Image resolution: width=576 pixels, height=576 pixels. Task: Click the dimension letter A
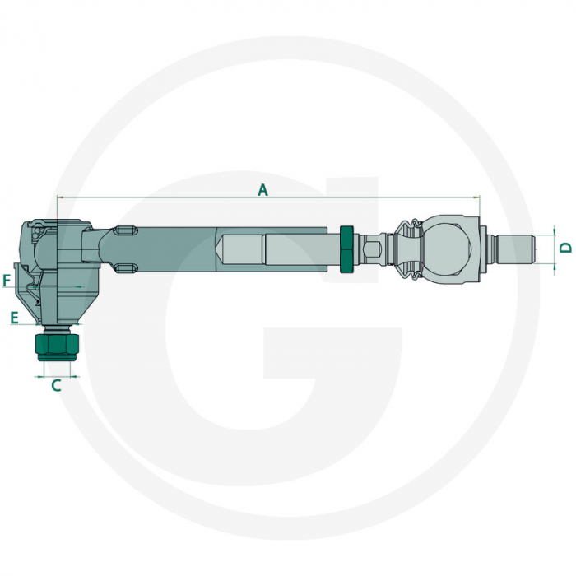tap(262, 190)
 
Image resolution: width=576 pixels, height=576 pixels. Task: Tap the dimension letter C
tap(57, 385)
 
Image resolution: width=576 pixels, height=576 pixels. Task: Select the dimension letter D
tap(564, 247)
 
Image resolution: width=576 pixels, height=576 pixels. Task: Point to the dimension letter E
tap(14, 315)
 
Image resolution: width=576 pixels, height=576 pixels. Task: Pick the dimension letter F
tap(7, 281)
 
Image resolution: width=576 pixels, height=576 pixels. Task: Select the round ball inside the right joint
tap(448, 246)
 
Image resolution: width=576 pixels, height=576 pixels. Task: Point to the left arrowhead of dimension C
tap(38, 376)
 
